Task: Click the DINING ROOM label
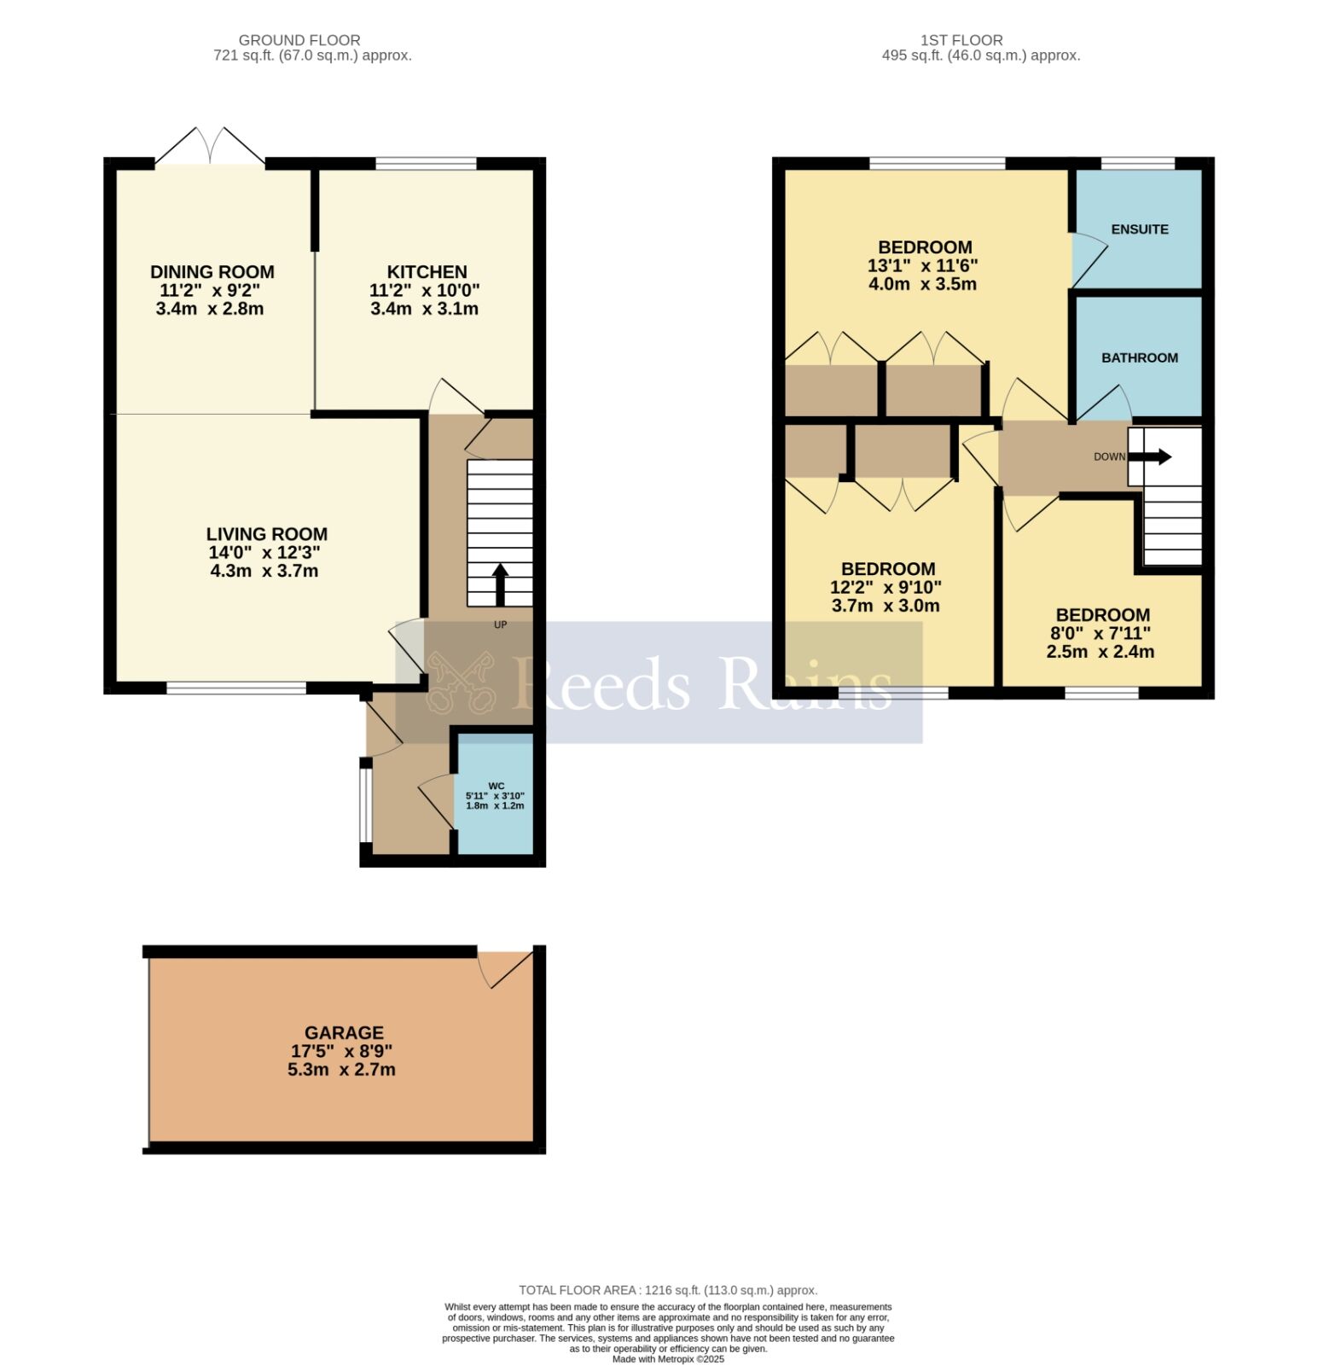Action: [212, 272]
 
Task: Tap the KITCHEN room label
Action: [427, 272]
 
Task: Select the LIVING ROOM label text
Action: [266, 534]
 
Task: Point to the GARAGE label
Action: [344, 1032]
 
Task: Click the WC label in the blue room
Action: [496, 786]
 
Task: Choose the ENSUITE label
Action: [1139, 229]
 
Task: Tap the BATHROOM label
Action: [1139, 358]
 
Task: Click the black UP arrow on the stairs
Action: [500, 583]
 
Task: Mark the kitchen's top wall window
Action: [426, 163]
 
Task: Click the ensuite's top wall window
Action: [1137, 163]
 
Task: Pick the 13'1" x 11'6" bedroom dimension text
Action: [922, 266]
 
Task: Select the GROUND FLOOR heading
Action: [299, 40]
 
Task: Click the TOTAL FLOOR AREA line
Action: [668, 1290]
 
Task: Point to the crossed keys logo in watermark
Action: [462, 682]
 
